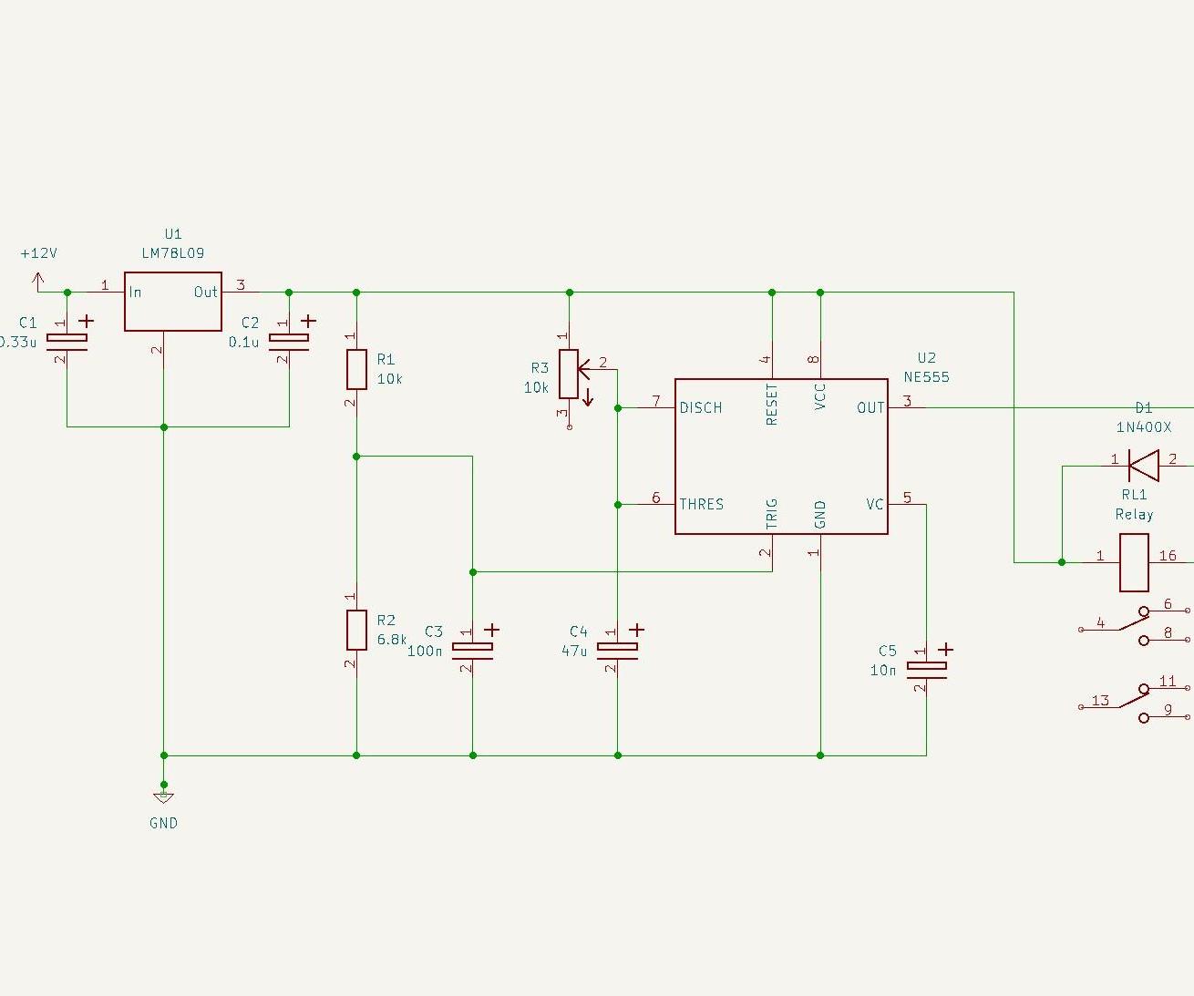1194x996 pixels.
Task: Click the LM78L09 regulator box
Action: tap(172, 302)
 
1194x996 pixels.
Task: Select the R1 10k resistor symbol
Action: tap(356, 369)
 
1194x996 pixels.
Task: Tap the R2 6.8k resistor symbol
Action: tap(356, 629)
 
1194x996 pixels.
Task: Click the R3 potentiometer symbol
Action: tap(570, 375)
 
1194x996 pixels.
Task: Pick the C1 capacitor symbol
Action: tap(67, 342)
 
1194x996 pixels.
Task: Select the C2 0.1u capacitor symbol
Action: tap(289, 342)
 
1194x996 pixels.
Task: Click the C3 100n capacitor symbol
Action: tap(472, 649)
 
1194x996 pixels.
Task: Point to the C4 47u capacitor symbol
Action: tap(617, 649)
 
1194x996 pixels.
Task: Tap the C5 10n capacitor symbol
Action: tap(926, 669)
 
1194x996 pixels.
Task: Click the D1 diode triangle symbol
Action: tap(1143, 466)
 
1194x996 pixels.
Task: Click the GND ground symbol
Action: tap(163, 797)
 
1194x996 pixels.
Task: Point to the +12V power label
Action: tap(38, 253)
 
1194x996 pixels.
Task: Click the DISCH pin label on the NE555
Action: tap(701, 407)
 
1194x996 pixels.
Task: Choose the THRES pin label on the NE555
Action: tap(701, 504)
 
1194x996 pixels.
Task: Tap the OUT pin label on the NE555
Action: tap(870, 407)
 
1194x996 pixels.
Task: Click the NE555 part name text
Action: tap(926, 376)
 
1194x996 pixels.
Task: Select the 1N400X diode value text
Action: tap(1143, 426)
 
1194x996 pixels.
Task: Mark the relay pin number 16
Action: tap(1168, 555)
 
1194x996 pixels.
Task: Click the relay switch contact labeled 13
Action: tap(1100, 700)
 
